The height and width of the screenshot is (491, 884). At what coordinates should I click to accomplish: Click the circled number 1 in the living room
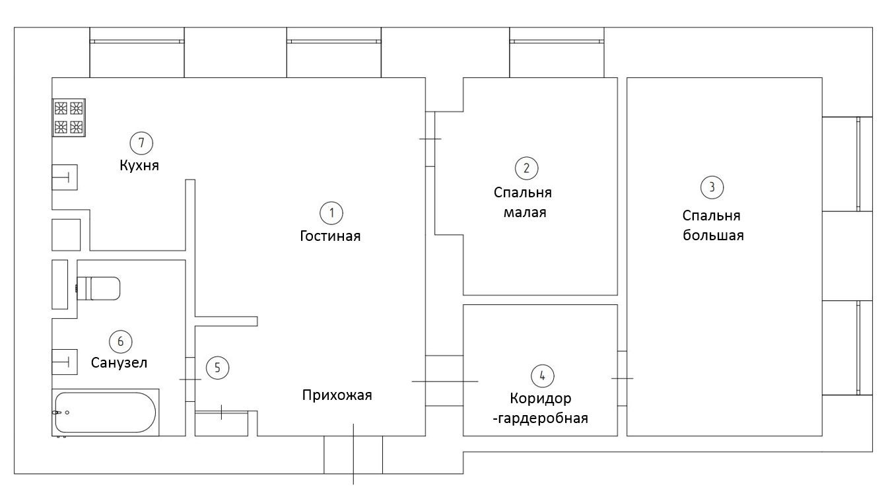(x=331, y=213)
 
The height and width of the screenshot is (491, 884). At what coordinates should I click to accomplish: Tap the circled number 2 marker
(x=526, y=168)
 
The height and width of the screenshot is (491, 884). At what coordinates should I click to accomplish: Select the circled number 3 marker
(x=712, y=187)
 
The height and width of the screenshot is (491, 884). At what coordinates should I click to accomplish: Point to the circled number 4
(x=542, y=376)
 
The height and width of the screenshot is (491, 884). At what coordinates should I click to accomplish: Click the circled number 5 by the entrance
(x=217, y=368)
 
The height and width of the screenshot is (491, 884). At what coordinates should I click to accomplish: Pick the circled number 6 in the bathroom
(x=120, y=341)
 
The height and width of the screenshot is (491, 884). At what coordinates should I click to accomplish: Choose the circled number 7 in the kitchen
(x=141, y=142)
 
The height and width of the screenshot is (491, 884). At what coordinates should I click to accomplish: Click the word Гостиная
(x=330, y=236)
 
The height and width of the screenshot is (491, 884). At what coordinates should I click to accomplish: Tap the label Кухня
(x=139, y=166)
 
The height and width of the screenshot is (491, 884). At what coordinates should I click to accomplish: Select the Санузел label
(x=119, y=363)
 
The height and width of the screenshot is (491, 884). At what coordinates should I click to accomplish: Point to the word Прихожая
(x=337, y=395)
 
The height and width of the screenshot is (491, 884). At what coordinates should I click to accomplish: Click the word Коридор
(x=541, y=399)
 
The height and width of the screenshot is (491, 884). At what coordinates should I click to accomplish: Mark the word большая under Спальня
(x=713, y=236)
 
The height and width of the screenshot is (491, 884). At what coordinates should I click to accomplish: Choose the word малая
(x=525, y=213)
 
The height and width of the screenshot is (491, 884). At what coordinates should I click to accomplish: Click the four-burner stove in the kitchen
(x=69, y=117)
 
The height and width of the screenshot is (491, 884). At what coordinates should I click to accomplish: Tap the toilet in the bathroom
(x=99, y=288)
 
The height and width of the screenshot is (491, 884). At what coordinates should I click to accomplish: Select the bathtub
(x=106, y=412)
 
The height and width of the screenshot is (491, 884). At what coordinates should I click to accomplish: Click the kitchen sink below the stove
(x=65, y=177)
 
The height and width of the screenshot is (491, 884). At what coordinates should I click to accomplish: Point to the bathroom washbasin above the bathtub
(x=65, y=361)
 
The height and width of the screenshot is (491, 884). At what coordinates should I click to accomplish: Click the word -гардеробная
(x=541, y=418)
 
